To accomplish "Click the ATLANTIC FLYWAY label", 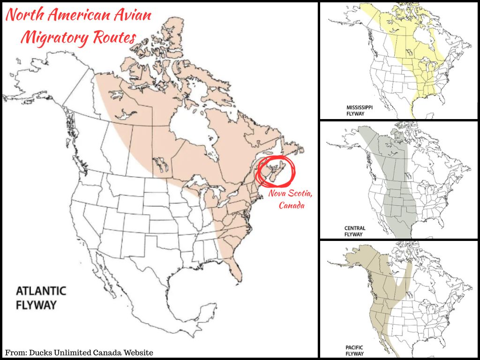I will [41, 298].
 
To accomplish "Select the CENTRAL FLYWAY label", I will [355, 231].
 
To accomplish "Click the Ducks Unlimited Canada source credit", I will [79, 352].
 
